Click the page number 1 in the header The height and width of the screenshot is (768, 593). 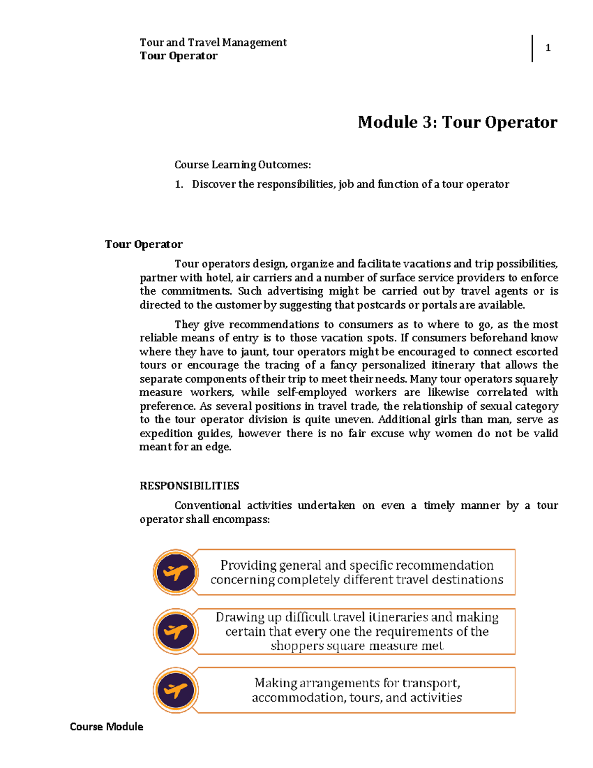(x=548, y=48)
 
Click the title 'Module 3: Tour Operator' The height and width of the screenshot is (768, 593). (x=457, y=122)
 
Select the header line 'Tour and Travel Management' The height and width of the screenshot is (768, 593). (x=213, y=43)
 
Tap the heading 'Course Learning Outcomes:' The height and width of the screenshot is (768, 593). (x=243, y=165)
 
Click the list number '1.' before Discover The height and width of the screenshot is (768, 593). (x=179, y=184)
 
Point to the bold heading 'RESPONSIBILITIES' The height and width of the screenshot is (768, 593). (x=189, y=486)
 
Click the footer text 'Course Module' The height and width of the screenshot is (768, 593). (x=106, y=726)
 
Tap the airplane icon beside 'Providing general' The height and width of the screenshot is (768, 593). (x=175, y=572)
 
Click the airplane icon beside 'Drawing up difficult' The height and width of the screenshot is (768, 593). (x=175, y=632)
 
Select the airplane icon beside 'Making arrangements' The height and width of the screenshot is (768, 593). (x=175, y=690)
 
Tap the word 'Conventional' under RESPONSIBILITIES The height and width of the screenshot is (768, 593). (x=207, y=505)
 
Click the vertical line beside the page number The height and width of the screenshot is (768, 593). (x=532, y=48)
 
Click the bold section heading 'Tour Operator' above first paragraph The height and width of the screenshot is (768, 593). (x=144, y=244)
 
